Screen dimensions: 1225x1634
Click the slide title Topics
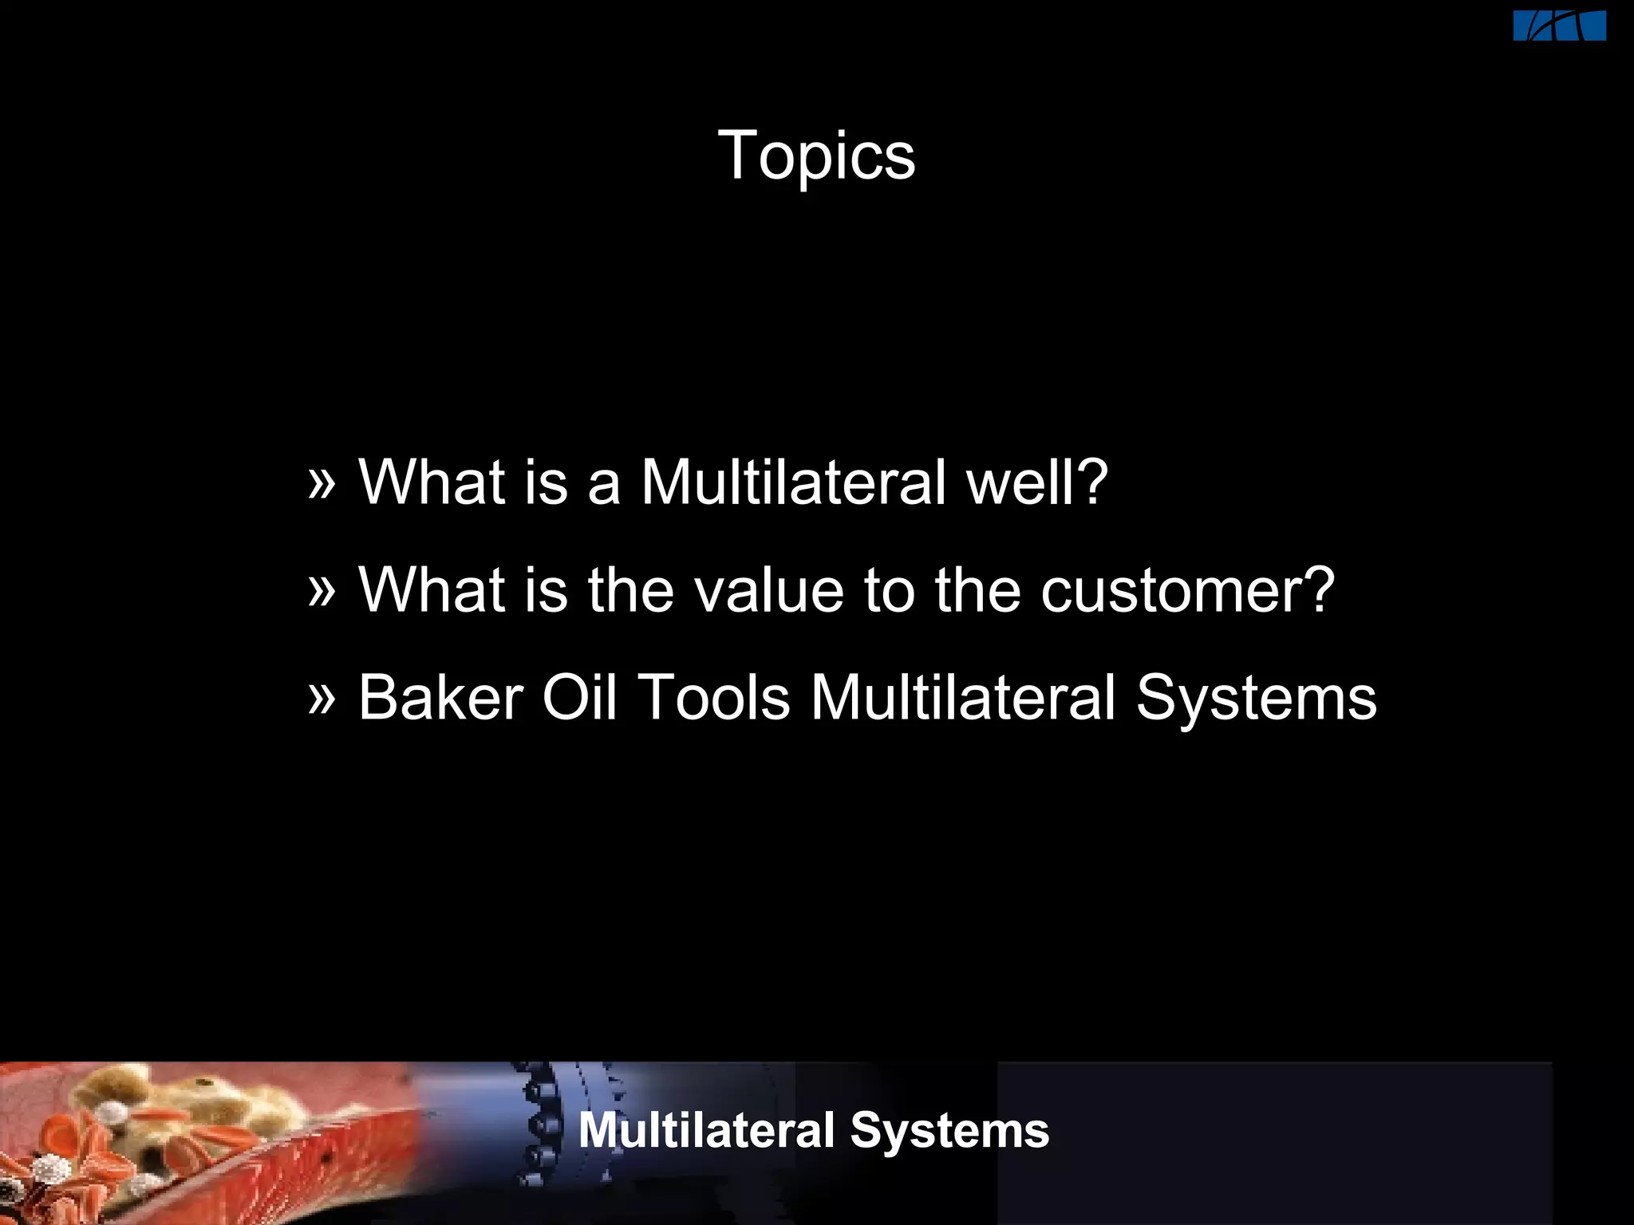(816, 156)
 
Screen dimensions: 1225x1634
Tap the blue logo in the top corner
(1559, 26)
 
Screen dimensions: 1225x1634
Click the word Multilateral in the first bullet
(793, 483)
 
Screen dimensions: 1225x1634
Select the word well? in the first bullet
(1037, 483)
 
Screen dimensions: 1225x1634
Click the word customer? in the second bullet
(1187, 591)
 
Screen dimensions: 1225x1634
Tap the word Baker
(440, 699)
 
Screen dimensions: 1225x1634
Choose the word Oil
(579, 699)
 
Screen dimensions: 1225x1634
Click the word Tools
(715, 699)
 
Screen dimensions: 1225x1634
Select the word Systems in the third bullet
(1256, 699)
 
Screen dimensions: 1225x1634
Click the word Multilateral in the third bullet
(963, 699)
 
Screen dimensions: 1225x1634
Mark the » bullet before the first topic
(322, 481)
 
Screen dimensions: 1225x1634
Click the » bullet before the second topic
(322, 589)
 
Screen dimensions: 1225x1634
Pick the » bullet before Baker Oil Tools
(322, 697)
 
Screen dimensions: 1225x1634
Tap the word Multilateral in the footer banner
(706, 1131)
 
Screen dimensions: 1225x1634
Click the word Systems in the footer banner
(949, 1131)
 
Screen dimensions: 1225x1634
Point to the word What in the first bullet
(432, 483)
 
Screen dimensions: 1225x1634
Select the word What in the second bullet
(432, 591)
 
